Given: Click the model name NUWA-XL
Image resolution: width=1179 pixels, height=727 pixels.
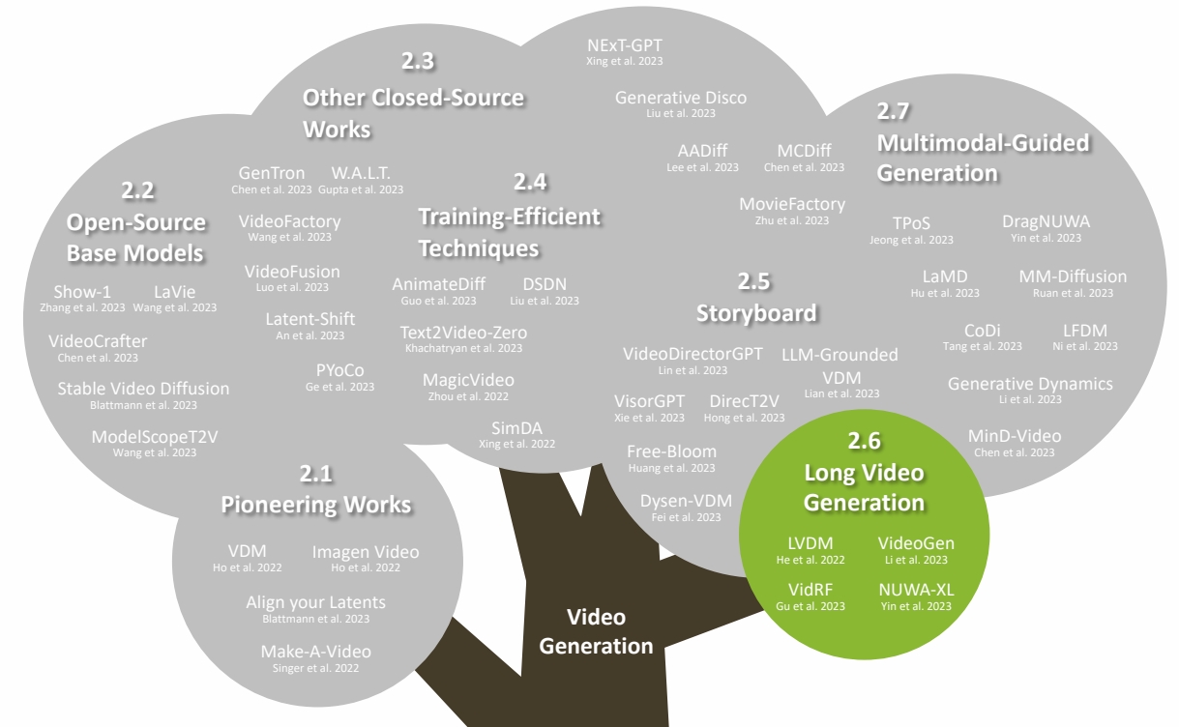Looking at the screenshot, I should tap(915, 589).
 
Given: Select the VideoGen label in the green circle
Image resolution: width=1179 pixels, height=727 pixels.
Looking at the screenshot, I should tap(915, 543).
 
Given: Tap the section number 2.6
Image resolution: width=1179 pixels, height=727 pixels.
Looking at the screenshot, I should tap(865, 441).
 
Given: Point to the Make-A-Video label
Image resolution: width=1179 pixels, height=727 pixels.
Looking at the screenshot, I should tap(315, 652).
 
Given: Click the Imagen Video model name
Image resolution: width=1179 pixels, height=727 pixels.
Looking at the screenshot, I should tap(366, 552).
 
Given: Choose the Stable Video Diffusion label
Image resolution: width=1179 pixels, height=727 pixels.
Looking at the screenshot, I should tap(143, 389).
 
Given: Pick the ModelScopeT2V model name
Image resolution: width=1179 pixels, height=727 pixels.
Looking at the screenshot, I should tap(155, 437).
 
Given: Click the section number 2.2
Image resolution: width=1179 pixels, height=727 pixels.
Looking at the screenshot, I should tap(137, 189).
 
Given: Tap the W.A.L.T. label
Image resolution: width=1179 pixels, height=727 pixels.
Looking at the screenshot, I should tap(361, 173).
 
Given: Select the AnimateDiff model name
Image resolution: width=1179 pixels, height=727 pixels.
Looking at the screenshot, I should tap(438, 284).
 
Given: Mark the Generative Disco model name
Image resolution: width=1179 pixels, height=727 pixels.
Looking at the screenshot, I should tap(681, 98).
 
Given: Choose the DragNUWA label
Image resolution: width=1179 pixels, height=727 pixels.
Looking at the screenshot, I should tap(1046, 221).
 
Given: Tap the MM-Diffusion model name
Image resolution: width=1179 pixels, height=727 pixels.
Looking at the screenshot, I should tap(1073, 276).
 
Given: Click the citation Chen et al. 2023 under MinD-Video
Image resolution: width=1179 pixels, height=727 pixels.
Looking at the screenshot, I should tap(1015, 452).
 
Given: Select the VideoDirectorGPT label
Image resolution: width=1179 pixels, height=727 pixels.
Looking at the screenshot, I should tap(693, 354).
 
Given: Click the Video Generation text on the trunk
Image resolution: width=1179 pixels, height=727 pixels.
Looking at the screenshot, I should tap(596, 631).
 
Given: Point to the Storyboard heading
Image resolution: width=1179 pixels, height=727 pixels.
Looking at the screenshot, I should tap(756, 313).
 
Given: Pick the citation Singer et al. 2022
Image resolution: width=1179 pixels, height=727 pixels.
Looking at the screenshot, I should tap(315, 668).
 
